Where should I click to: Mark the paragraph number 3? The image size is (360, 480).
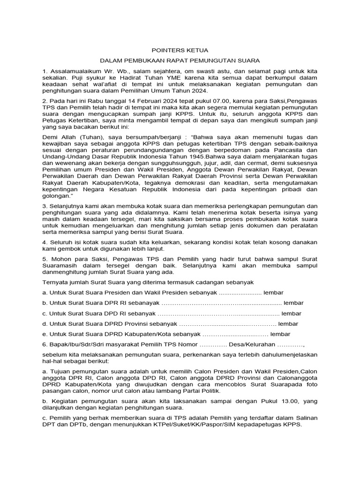[45, 206]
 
